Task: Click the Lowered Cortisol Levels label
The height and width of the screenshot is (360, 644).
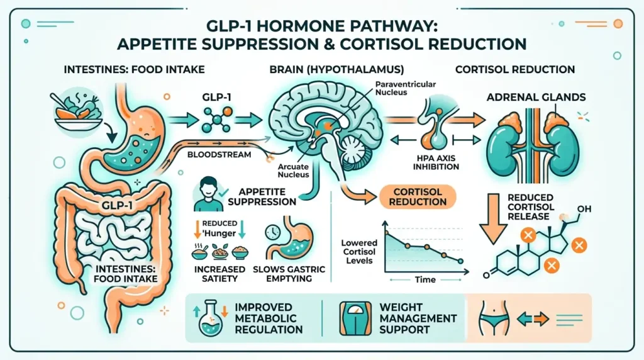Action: (360, 251)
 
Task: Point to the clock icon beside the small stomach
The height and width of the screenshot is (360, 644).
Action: (272, 232)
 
